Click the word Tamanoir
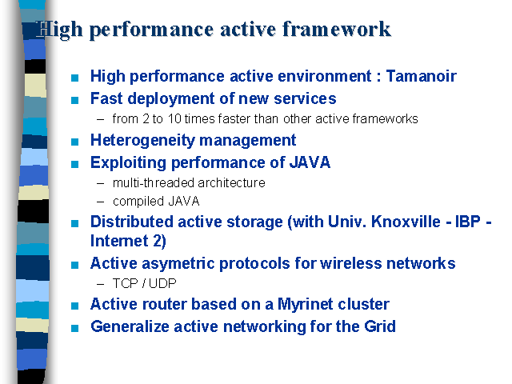422,76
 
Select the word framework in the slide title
336,29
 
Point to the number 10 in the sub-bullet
174,119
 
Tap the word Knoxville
406,222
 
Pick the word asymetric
178,263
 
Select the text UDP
162,283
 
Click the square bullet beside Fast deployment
74,100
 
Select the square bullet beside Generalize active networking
74,328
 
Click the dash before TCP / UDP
101,284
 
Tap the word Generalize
130,326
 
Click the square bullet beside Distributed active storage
74,224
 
